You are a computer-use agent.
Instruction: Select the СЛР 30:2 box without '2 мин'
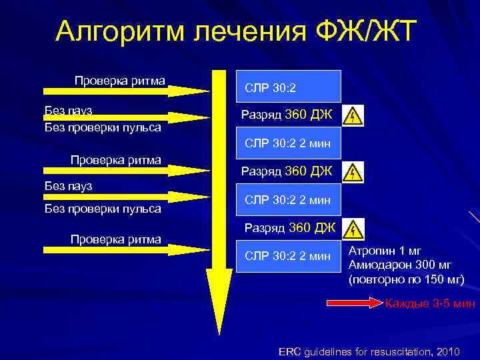[288, 87]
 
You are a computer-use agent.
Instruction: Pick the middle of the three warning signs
[353, 173]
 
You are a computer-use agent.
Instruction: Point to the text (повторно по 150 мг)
[406, 279]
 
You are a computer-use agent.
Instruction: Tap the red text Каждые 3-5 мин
[430, 304]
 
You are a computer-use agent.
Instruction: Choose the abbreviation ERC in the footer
[289, 351]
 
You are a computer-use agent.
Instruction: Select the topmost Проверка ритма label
[120, 81]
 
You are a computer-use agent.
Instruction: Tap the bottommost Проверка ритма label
[116, 239]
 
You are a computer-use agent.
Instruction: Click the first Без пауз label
[68, 110]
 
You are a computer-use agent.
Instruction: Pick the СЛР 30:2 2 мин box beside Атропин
[288, 255]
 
